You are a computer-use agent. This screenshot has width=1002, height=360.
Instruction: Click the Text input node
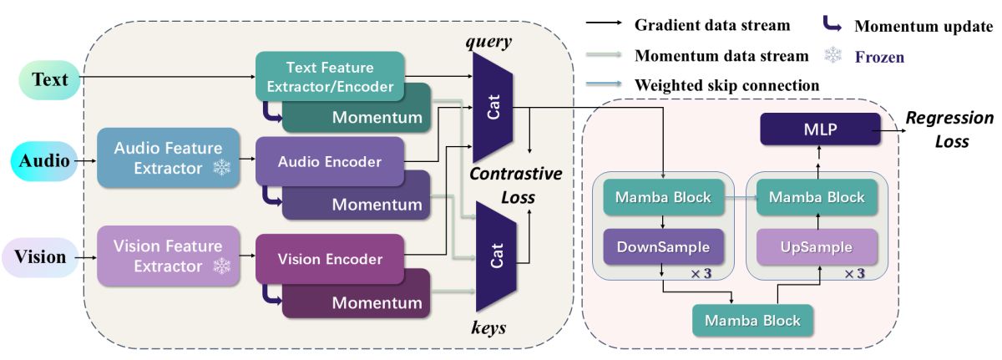pos(49,80)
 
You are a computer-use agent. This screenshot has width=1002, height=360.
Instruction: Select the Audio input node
pos(43,161)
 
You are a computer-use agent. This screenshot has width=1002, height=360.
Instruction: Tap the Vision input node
pos(40,257)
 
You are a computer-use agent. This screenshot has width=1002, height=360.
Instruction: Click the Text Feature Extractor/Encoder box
pos(330,77)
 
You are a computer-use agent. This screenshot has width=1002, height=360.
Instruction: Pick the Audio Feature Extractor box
pos(168,158)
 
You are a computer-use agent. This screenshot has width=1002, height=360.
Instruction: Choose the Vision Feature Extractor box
pos(168,256)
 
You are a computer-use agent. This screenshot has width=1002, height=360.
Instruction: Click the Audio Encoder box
pos(330,161)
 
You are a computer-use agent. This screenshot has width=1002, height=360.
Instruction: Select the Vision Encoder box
pos(330,259)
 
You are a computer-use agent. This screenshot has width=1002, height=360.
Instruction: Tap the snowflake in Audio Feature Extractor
pos(221,168)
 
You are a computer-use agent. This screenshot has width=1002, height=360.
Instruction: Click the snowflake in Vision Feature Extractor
pos(221,266)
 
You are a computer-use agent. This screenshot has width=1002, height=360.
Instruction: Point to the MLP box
pos(820,129)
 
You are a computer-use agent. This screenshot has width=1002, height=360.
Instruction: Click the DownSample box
pos(663,247)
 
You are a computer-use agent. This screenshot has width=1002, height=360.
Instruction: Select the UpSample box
pos(817,247)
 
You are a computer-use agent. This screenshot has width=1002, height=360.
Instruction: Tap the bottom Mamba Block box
pos(753,320)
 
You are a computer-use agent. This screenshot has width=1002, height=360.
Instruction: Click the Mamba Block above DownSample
pos(663,197)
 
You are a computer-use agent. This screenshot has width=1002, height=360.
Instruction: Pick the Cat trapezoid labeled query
pos(493,107)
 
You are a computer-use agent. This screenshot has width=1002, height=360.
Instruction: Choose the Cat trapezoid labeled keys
pos(496,256)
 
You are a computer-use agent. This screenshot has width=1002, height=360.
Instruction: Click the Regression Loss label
pos(949,129)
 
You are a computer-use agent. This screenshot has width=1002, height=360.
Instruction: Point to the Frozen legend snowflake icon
pos(833,55)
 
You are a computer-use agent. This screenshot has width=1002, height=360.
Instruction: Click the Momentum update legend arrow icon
pos(832,25)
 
